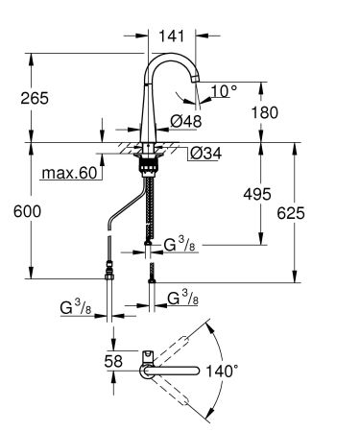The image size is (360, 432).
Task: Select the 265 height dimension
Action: pyautogui.click(x=33, y=98)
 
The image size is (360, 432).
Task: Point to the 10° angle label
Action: pyautogui.click(x=223, y=91)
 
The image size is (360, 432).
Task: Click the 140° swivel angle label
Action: pyautogui.click(x=247, y=368)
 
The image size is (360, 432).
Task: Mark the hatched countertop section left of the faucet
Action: pyautogui.click(x=125, y=148)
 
